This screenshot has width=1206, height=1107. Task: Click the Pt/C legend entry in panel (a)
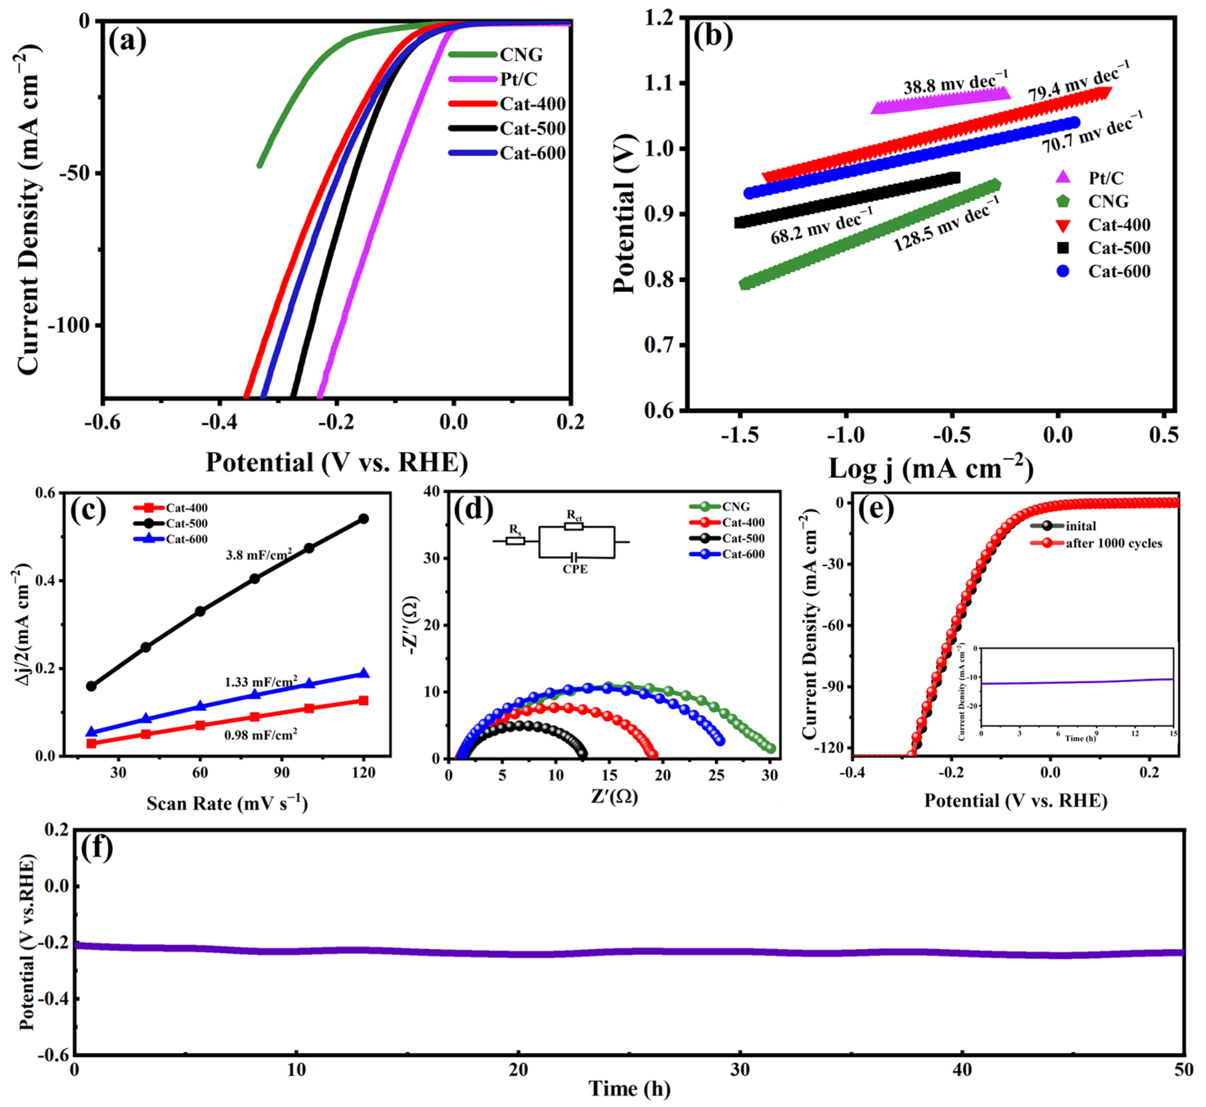(x=519, y=79)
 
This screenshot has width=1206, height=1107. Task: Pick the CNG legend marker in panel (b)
(x=1063, y=201)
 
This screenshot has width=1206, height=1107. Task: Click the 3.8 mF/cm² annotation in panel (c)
(x=259, y=555)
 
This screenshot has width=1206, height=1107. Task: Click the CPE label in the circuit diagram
(x=575, y=569)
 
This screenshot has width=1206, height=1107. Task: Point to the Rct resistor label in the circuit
(x=574, y=515)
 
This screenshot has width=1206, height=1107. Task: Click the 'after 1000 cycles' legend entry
(x=1113, y=543)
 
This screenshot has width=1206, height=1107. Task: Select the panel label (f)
(x=96, y=848)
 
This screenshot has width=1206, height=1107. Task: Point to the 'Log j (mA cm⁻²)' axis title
(x=930, y=469)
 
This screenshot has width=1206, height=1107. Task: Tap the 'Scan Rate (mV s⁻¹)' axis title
(x=227, y=803)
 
